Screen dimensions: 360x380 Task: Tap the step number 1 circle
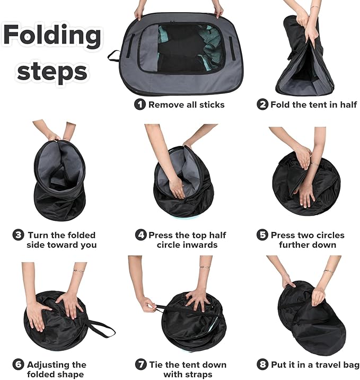point(140,104)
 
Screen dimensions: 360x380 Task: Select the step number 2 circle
point(262,105)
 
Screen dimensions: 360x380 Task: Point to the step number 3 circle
point(18,235)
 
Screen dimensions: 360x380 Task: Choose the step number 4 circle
point(141,235)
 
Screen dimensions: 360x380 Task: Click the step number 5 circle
point(262,235)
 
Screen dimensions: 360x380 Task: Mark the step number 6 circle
point(18,365)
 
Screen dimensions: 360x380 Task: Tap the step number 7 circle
point(141,365)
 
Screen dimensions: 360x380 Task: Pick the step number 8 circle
point(262,365)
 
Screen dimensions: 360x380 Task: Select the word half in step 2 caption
point(348,105)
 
